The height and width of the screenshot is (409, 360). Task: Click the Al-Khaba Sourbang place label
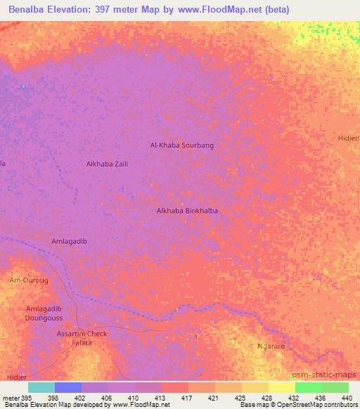point(181,145)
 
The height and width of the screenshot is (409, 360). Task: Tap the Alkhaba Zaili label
point(107,164)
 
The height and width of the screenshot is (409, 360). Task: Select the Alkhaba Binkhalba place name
point(182,210)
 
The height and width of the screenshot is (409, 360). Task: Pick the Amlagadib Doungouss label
point(44,313)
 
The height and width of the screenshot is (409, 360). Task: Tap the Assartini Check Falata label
point(82,338)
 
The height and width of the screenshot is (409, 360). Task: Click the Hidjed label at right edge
point(349,138)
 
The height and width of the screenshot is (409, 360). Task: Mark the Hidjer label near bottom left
point(16,377)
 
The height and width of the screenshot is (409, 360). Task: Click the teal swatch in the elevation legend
point(41,387)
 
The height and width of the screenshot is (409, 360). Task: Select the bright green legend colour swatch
point(308,387)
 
